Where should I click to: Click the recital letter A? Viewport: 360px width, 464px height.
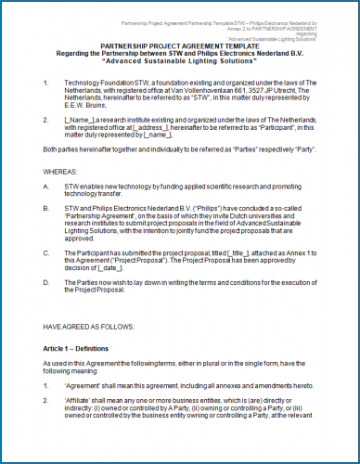coord(46,187)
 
